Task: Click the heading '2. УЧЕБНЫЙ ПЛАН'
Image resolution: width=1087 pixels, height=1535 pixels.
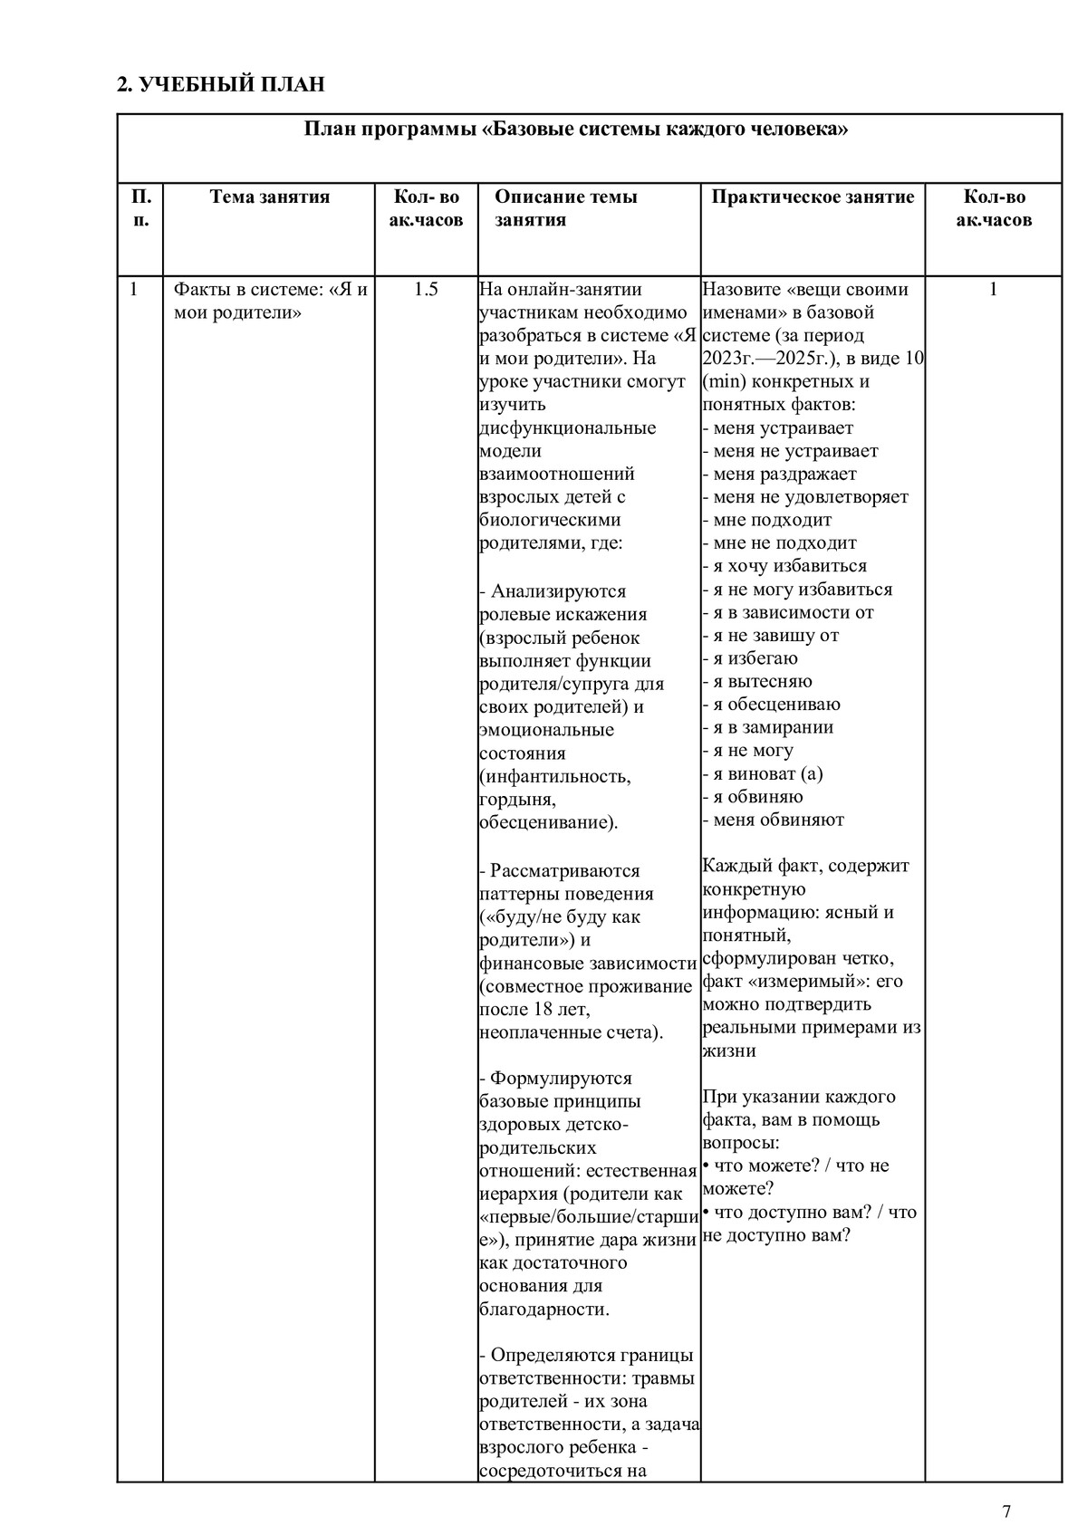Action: pyautogui.click(x=220, y=85)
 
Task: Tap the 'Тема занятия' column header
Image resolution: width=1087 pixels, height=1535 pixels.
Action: pyautogui.click(x=270, y=197)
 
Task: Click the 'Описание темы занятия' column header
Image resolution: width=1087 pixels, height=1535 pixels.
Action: pyautogui.click(x=565, y=208)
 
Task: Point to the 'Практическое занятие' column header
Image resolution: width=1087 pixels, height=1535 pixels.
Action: pyautogui.click(x=813, y=197)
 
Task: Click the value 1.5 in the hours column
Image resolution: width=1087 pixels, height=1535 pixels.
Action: pyautogui.click(x=426, y=290)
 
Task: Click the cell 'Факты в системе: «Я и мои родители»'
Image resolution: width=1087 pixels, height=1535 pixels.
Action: pyautogui.click(x=270, y=302)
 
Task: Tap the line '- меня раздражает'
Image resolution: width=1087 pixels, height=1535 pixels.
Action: pyautogui.click(x=779, y=474)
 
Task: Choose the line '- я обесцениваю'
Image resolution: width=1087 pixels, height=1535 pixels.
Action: pyautogui.click(x=771, y=704)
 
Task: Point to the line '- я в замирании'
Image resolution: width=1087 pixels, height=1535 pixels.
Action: pyautogui.click(x=767, y=727)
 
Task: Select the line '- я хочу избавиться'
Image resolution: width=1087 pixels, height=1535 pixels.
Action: pyautogui.click(x=784, y=566)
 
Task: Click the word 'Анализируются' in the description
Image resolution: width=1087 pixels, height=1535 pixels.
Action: pyautogui.click(x=558, y=591)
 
